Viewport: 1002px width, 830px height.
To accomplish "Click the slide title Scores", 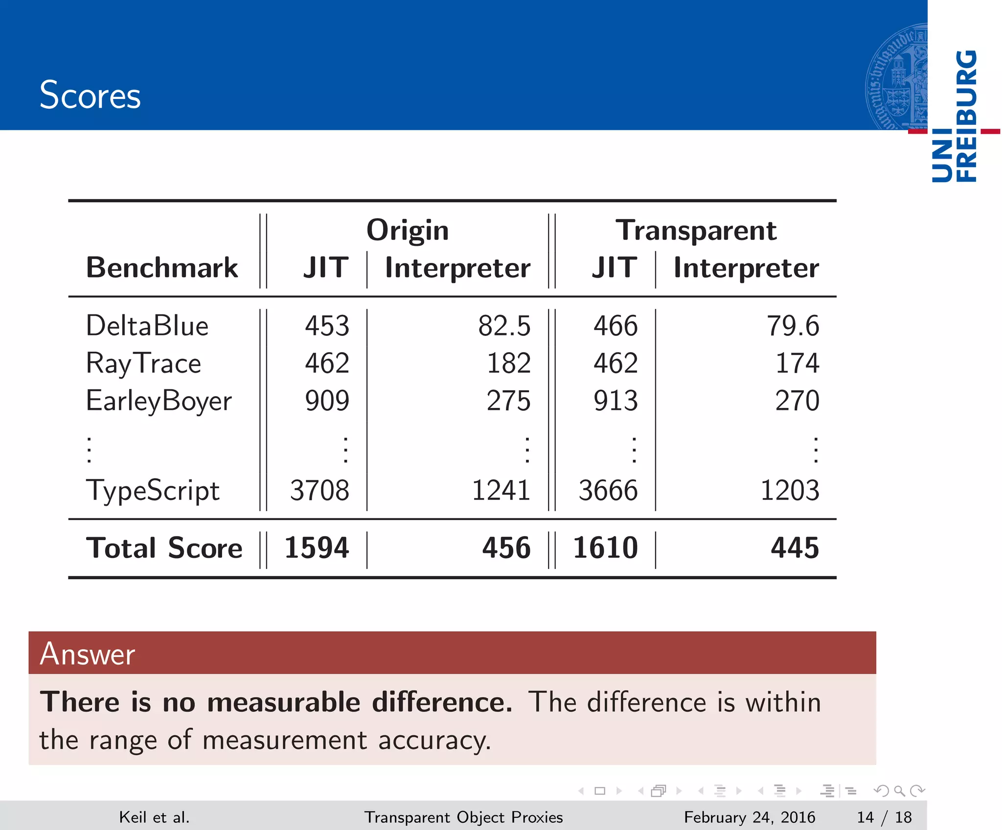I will pos(90,95).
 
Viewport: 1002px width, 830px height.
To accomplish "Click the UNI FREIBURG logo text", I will pos(954,117).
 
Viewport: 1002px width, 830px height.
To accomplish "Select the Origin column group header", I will pos(408,230).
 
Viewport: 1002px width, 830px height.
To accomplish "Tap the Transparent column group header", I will pos(696,230).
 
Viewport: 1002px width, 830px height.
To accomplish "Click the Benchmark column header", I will pos(162,268).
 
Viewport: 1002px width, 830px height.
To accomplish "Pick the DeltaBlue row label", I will pos(147,326).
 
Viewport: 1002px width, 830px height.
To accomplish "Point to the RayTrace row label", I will pos(143,364).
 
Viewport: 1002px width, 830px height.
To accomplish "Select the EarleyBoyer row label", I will pos(159,401).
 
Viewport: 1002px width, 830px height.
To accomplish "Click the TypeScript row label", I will pos(153,491).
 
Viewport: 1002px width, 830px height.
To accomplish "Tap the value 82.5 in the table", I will pos(504,326).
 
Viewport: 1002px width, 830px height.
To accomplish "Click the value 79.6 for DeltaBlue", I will pos(793,326).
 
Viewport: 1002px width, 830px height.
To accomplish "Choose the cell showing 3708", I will pos(319,491).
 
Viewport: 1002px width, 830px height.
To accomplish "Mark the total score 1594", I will pos(317,548).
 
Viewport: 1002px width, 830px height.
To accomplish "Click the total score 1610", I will pos(605,548).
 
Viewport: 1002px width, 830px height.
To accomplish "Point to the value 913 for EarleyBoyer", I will pos(615,401).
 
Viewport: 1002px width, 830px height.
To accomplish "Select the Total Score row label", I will pos(164,548).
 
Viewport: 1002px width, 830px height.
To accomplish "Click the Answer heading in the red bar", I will pos(87,654).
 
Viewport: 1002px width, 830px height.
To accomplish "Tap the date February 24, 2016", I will pos(749,817).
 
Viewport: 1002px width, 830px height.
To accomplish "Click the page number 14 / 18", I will pos(884,817).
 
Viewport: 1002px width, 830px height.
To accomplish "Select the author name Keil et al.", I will pos(154,817).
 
